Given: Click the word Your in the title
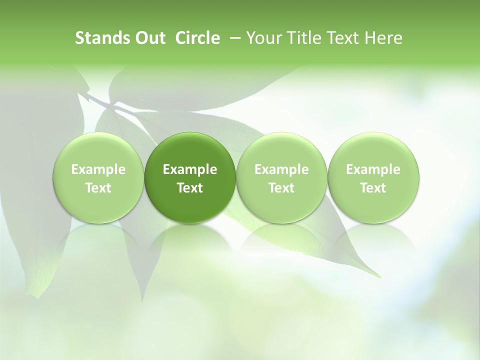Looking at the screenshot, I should pyautogui.click(x=261, y=38).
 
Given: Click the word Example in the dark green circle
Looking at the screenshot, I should pyautogui.click(x=190, y=170).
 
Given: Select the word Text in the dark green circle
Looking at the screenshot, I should pyautogui.click(x=190, y=188).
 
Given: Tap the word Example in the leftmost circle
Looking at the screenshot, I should pyautogui.click(x=98, y=170).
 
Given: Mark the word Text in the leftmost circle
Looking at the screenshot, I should pyautogui.click(x=98, y=188).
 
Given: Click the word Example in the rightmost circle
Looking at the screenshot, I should pyautogui.click(x=373, y=170).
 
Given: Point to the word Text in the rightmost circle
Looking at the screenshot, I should pyautogui.click(x=373, y=188).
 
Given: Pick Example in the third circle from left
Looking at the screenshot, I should pyautogui.click(x=281, y=170).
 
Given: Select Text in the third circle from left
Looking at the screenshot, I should pyautogui.click(x=281, y=188).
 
